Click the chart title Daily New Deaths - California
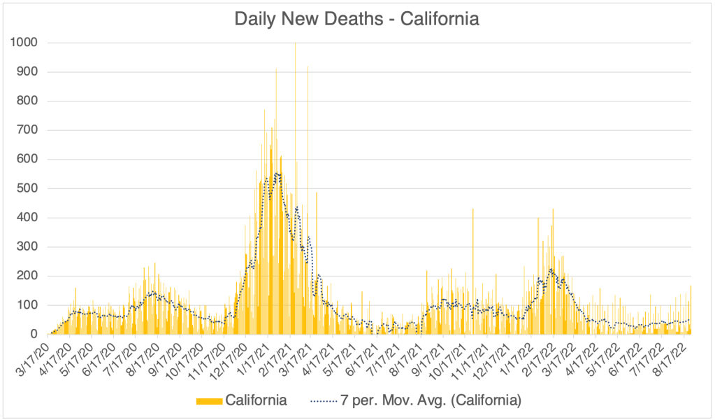(x=357, y=19)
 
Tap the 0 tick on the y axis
(x=33, y=335)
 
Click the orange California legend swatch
(x=210, y=400)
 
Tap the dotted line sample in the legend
(x=322, y=400)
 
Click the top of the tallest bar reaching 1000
(x=295, y=44)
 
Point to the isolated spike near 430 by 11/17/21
(x=473, y=209)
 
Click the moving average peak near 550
(x=277, y=174)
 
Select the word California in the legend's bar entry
(x=255, y=400)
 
